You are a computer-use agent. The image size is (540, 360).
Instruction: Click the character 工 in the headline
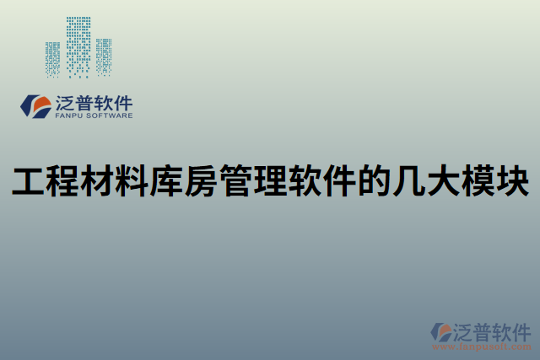click(x=28, y=180)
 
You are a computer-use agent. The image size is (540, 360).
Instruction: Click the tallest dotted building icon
click(x=78, y=46)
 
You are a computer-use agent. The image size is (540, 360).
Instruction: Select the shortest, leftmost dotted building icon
click(x=52, y=59)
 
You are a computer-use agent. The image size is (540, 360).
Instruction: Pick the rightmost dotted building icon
click(x=104, y=56)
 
